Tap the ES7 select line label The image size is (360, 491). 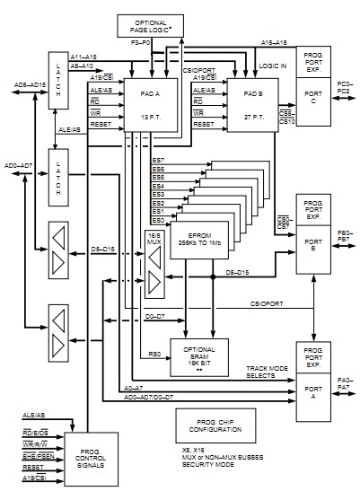pyautogui.click(x=159, y=160)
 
